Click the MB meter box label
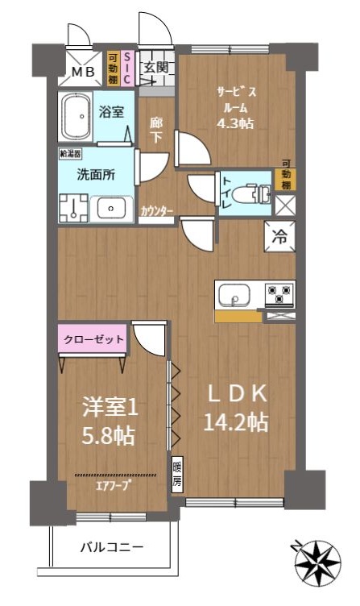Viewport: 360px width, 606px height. click(x=83, y=72)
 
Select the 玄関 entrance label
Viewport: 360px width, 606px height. click(x=156, y=68)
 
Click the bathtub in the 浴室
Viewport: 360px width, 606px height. click(x=76, y=116)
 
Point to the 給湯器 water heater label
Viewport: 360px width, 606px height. click(x=70, y=154)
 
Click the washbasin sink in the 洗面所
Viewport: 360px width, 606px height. click(x=111, y=209)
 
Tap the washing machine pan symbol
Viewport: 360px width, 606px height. click(x=74, y=208)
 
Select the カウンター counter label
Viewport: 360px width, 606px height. click(x=157, y=211)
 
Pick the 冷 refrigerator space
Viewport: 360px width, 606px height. click(x=279, y=237)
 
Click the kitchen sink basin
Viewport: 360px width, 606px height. click(x=234, y=295)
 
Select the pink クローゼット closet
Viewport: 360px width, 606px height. click(x=93, y=339)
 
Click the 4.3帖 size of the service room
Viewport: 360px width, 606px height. click(x=235, y=123)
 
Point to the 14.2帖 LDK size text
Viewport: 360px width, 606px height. click(x=236, y=422)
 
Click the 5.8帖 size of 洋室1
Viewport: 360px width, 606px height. click(x=108, y=436)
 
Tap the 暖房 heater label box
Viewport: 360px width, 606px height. click(x=177, y=475)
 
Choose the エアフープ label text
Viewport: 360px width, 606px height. click(x=114, y=485)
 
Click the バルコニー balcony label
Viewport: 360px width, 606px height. click(x=112, y=547)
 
